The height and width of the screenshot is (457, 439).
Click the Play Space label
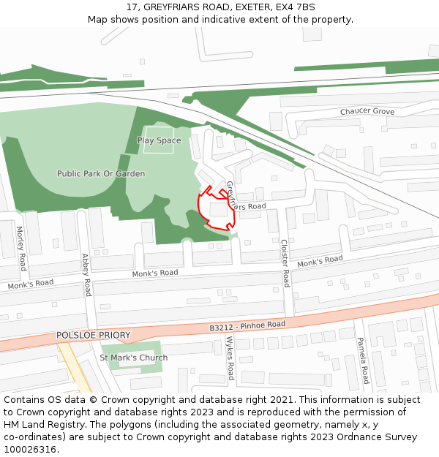159,140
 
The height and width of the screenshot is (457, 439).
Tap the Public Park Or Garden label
101,174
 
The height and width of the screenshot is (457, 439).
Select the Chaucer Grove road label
367,112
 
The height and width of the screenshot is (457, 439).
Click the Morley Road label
21,248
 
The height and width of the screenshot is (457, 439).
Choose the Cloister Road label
285,263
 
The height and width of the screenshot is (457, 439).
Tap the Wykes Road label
230,358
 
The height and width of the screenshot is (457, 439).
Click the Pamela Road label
362,360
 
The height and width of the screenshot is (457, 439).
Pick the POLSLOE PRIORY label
93,336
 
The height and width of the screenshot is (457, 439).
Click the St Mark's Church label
133,358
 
